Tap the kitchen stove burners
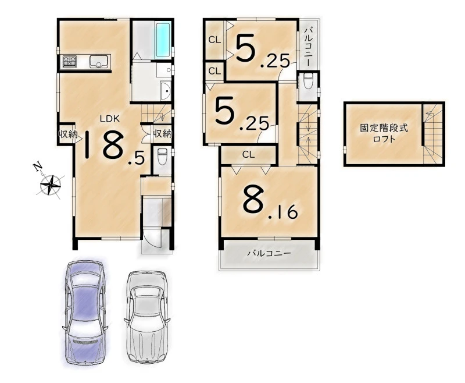[69, 62]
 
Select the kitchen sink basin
[99, 62]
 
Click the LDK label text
[110, 119]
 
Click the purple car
[84, 313]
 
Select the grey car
[147, 317]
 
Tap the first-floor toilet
[162, 157]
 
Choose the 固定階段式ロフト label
[384, 133]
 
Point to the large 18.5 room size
[115, 146]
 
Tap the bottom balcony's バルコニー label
[269, 253]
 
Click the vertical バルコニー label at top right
[309, 47]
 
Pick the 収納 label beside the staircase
[163, 134]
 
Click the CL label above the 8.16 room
[249, 155]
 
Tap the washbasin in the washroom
[165, 91]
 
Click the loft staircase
[432, 134]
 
